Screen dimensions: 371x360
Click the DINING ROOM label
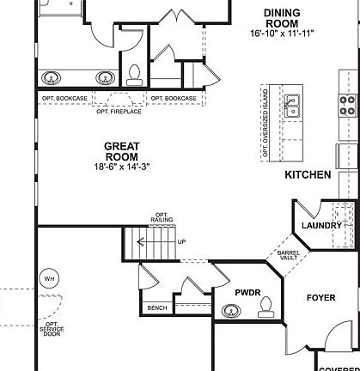click(283, 17)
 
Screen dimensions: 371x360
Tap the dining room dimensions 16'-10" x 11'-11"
click(283, 33)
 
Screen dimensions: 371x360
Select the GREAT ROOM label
click(122, 151)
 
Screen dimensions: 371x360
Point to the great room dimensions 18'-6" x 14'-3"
click(122, 167)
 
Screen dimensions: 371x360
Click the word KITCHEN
click(308, 174)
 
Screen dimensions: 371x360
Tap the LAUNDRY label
click(322, 226)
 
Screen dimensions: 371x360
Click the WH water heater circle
click(48, 278)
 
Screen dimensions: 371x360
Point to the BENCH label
click(157, 307)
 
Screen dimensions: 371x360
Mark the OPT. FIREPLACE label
click(119, 111)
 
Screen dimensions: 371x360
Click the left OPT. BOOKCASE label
click(64, 99)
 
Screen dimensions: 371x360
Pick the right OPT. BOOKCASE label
click(174, 99)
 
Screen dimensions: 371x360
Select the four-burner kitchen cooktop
click(348, 105)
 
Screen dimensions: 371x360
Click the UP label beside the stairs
click(181, 242)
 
